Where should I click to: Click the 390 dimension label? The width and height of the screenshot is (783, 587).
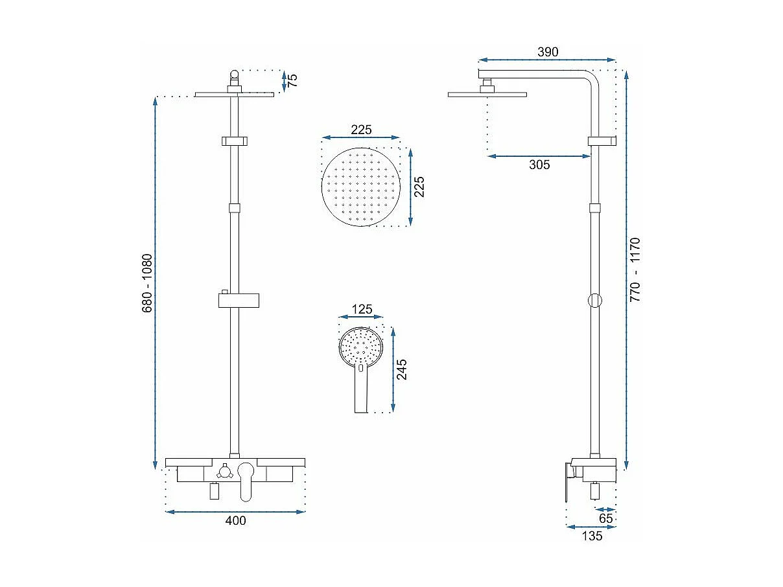click(548, 52)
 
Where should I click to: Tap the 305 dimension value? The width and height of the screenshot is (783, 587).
click(539, 165)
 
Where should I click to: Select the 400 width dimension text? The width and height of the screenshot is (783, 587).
click(235, 521)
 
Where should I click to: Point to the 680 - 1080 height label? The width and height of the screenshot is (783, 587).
click(147, 283)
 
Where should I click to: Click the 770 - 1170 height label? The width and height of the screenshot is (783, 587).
click(635, 270)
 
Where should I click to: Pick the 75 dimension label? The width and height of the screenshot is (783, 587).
click(292, 80)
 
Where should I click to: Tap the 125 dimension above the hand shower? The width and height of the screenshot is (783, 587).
click(362, 309)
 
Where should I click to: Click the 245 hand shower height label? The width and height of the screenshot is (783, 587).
click(402, 369)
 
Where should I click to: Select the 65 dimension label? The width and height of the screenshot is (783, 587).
click(605, 518)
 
